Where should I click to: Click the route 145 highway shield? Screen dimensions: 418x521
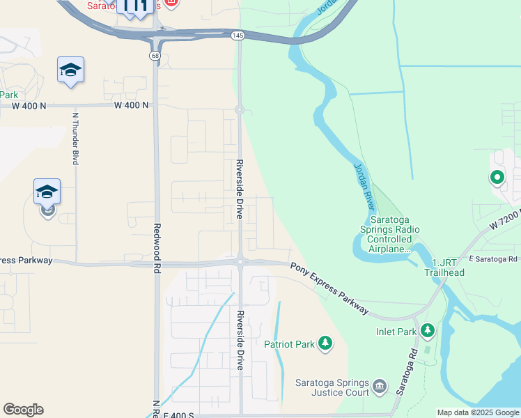[238, 35]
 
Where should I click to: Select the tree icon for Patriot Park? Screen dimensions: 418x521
[325, 343]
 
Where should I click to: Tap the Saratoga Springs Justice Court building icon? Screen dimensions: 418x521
[380, 385]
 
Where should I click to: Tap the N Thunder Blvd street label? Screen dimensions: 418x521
[75, 137]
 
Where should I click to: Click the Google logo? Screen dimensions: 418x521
[23, 410]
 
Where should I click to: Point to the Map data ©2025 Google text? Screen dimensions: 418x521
[478, 412]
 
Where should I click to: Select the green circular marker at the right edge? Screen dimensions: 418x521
[497, 178]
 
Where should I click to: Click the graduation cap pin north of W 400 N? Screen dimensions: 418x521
[70, 70]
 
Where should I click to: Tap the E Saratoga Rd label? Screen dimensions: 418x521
[493, 259]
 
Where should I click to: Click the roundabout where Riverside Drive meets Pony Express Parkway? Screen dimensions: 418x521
[240, 262]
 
